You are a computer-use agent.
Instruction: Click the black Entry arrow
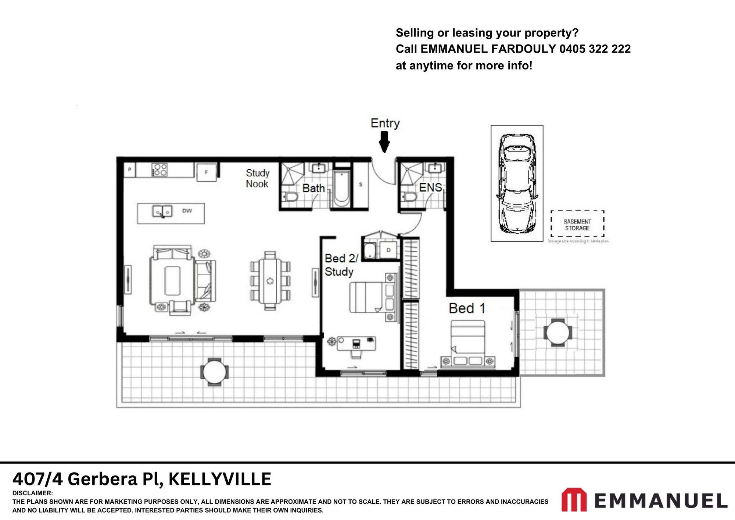click(384, 142)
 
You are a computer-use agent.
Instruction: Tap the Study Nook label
click(257, 178)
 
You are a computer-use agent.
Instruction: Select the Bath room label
click(313, 188)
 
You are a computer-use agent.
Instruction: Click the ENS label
click(430, 187)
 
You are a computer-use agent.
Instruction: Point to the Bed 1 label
click(467, 308)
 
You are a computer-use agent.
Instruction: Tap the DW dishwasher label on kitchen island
click(187, 211)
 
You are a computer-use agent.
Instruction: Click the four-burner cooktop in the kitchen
click(159, 170)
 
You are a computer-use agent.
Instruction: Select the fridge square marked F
click(206, 172)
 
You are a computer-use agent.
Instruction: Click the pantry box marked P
click(129, 170)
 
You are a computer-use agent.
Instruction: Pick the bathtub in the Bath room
click(341, 190)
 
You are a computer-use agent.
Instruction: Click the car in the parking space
click(517, 183)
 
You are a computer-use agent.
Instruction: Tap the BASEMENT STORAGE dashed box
click(577, 224)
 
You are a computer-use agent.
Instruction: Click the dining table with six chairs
click(270, 280)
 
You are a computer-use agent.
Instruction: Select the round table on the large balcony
click(214, 372)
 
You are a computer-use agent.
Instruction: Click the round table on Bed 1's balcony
click(557, 332)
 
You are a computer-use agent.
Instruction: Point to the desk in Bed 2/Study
click(356, 344)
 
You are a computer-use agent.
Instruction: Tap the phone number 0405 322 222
click(595, 49)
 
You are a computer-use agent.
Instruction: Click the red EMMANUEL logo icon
click(573, 500)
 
